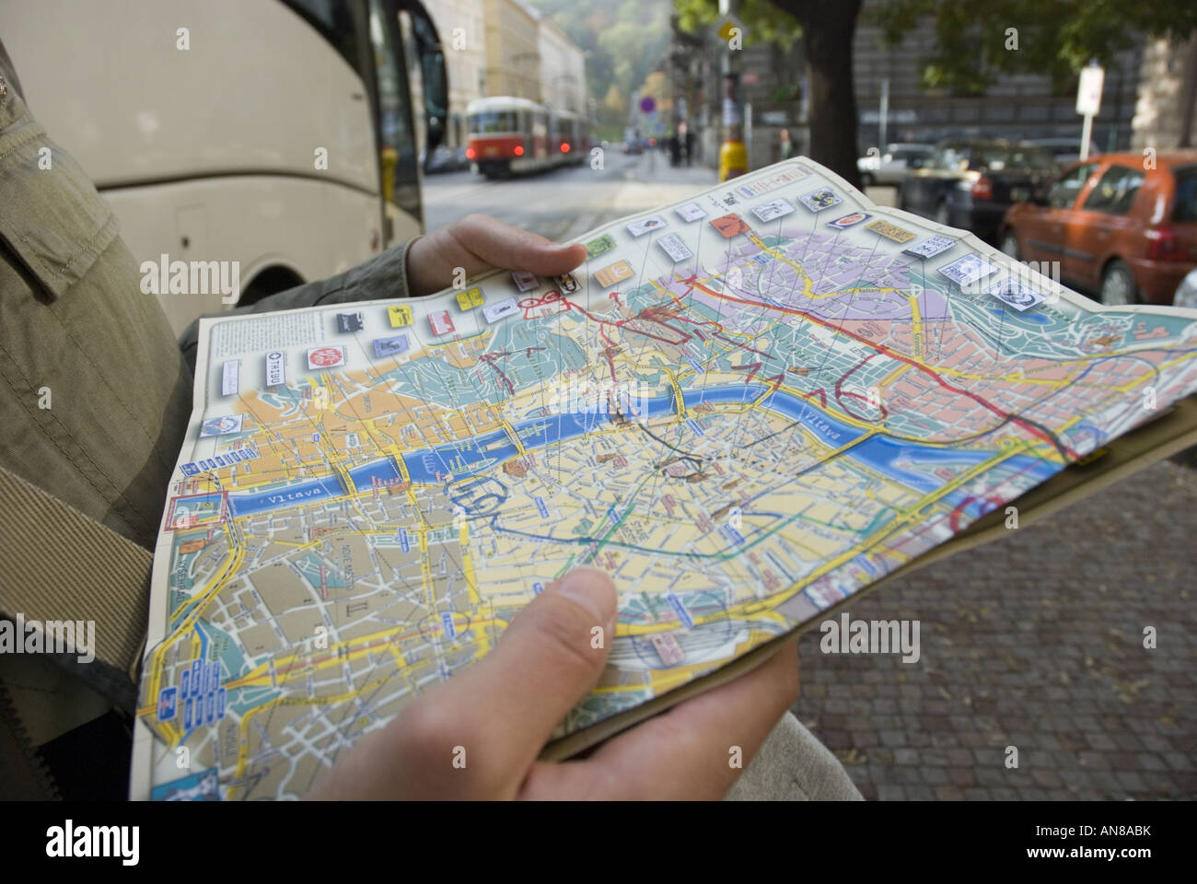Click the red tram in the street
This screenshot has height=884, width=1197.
pos(502,138)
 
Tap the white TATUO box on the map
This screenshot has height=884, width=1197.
pos(273,370)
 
